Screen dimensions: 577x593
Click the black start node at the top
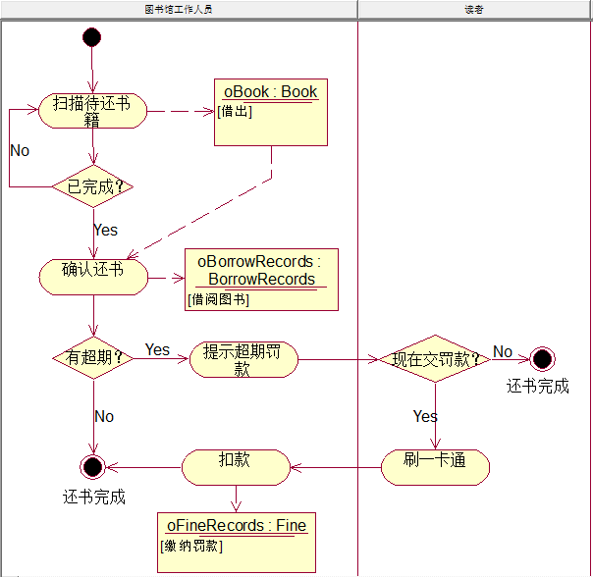pos(92,37)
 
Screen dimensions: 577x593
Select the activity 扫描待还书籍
pos(92,111)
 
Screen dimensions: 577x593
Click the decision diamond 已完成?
pos(92,185)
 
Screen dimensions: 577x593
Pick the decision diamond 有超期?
pos(92,358)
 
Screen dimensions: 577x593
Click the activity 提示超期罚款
pos(243,359)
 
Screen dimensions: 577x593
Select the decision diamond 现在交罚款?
pos(434,359)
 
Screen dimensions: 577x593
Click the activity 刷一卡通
pos(434,466)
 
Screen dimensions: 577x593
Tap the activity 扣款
pos(236,466)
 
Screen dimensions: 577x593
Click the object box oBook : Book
pos(271,112)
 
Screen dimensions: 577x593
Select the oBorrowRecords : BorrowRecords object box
pos(260,280)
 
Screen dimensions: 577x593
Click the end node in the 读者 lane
pos(541,359)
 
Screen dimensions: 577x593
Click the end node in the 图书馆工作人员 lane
pos(92,465)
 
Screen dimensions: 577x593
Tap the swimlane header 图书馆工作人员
pos(178,9)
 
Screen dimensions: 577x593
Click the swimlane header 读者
pos(474,9)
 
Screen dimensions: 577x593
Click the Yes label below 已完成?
pos(105,230)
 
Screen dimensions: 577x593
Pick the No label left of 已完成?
pos(20,150)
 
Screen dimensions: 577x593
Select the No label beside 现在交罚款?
pos(503,351)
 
